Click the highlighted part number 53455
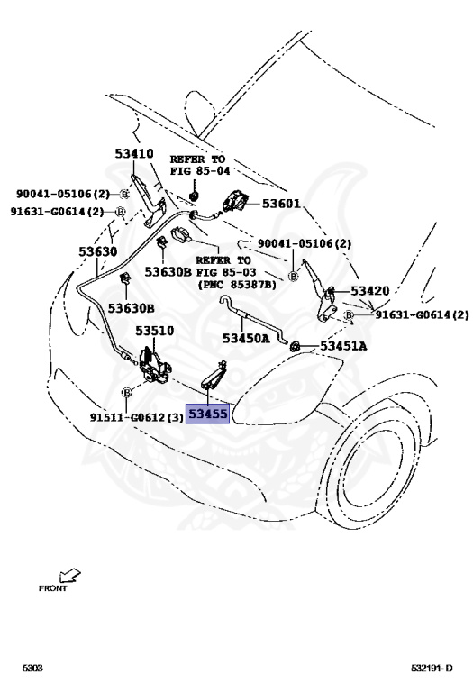[x=208, y=414]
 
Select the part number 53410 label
[x=134, y=153]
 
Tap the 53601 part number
[x=281, y=204]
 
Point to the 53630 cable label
[x=98, y=251]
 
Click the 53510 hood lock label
[x=154, y=331]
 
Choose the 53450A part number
[x=246, y=339]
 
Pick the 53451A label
[x=343, y=346]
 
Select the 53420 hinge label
[x=370, y=291]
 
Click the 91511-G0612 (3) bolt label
[x=136, y=417]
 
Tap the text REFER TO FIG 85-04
[x=200, y=165]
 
